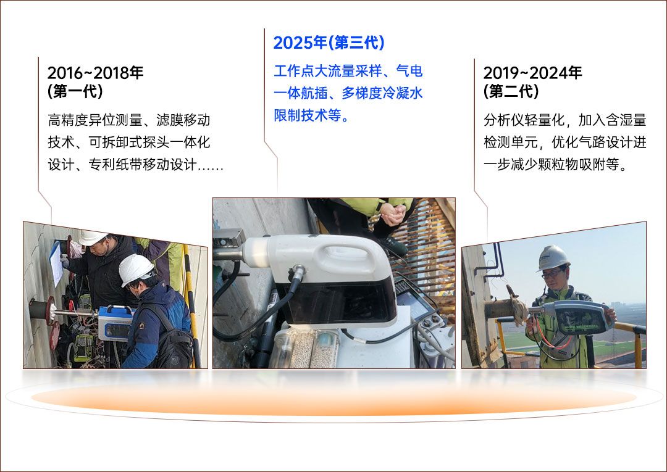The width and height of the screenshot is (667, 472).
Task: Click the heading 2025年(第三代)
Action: click(x=329, y=43)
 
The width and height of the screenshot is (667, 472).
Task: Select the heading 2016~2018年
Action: click(x=95, y=73)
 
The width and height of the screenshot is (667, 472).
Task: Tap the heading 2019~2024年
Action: click(x=532, y=73)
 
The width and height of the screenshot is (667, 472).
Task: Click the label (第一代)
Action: click(x=75, y=91)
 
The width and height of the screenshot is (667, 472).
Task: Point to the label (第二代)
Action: click(x=511, y=91)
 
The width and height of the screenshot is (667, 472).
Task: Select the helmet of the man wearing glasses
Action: click(x=552, y=257)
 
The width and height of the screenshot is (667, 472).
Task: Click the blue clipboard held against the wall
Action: click(x=56, y=263)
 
